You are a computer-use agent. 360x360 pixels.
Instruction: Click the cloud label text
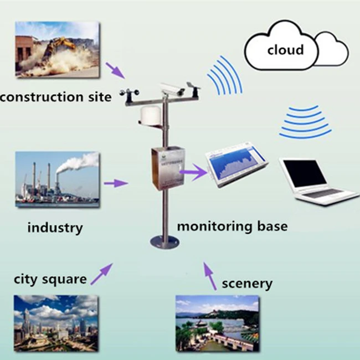[x=285, y=50]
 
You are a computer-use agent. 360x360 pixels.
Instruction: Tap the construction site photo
[x=57, y=49]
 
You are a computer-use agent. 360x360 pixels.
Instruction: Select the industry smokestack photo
[x=57, y=179]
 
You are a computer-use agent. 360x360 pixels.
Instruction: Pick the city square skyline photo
[x=56, y=323]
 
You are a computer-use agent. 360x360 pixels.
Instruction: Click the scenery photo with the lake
[x=217, y=323]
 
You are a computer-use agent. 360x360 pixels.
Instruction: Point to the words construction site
[x=55, y=97]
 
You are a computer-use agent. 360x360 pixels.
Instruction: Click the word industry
[x=55, y=227]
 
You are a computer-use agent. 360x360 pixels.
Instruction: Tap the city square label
[x=50, y=279]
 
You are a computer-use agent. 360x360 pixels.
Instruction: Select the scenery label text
[x=247, y=284]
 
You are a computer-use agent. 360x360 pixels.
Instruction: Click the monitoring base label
[x=232, y=227]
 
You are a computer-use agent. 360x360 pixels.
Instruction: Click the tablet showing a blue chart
[x=236, y=164]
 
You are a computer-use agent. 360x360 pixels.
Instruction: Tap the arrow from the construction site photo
[x=115, y=70]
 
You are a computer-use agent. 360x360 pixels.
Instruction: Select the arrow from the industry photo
[x=116, y=183]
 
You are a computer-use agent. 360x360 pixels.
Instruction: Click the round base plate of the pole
[x=164, y=241]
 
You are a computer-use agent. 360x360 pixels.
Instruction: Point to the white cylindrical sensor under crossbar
[x=150, y=116]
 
